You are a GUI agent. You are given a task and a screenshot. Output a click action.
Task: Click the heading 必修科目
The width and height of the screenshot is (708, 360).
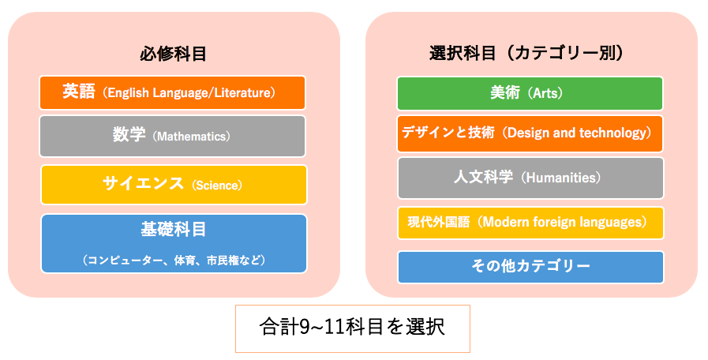click(x=173, y=54)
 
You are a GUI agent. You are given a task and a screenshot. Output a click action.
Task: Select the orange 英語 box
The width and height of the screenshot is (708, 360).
click(x=173, y=92)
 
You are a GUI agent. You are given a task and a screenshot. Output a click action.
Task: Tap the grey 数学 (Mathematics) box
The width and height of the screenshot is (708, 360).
click(x=173, y=136)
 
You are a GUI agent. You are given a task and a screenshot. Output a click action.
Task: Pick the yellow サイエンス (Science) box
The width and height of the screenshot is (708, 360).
click(x=174, y=185)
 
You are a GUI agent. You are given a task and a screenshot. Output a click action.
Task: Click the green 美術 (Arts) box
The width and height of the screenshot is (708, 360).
click(x=530, y=93)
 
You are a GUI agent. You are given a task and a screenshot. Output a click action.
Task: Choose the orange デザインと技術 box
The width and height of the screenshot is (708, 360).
click(x=530, y=133)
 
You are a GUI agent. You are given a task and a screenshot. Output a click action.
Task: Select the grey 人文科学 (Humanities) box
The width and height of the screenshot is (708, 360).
click(x=530, y=178)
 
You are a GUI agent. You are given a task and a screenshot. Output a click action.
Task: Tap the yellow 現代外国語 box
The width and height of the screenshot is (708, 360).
click(x=530, y=223)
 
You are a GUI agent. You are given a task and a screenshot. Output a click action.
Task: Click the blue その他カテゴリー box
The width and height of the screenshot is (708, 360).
click(x=530, y=267)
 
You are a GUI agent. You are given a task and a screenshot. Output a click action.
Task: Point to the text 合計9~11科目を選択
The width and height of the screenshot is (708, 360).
click(x=352, y=327)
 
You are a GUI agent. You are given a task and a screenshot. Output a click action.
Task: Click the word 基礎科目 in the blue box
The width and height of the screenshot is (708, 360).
click(x=174, y=230)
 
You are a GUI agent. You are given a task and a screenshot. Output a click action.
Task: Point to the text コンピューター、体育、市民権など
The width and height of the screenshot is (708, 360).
click(x=174, y=261)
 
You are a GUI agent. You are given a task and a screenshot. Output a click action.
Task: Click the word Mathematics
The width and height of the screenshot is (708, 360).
click(x=191, y=137)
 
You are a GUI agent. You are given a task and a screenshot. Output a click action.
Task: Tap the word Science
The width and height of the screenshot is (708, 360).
click(x=217, y=186)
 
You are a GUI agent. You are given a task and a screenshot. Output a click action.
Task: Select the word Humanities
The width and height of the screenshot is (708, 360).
click(x=563, y=178)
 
